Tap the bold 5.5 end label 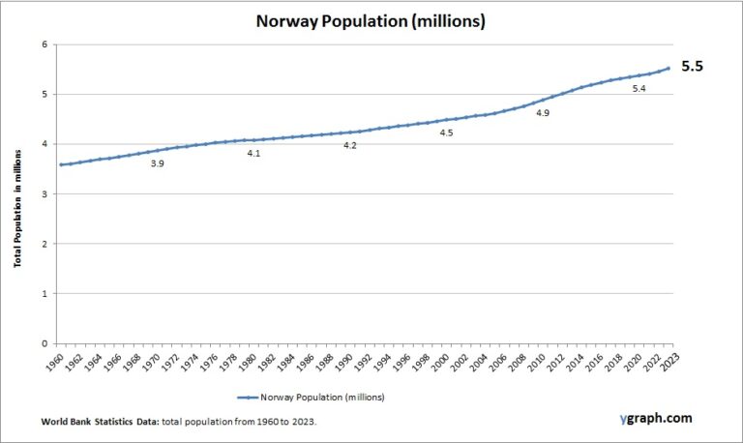click(692, 68)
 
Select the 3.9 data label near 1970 click(157, 163)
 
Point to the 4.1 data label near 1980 click(253, 153)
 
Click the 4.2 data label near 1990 click(350, 145)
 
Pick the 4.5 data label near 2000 click(446, 133)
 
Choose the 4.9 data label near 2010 click(543, 113)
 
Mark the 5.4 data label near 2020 click(639, 89)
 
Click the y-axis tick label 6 click(45, 44)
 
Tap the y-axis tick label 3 click(45, 193)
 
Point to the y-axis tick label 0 click(45, 343)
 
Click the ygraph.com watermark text click(656, 419)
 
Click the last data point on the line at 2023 click(668, 68)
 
